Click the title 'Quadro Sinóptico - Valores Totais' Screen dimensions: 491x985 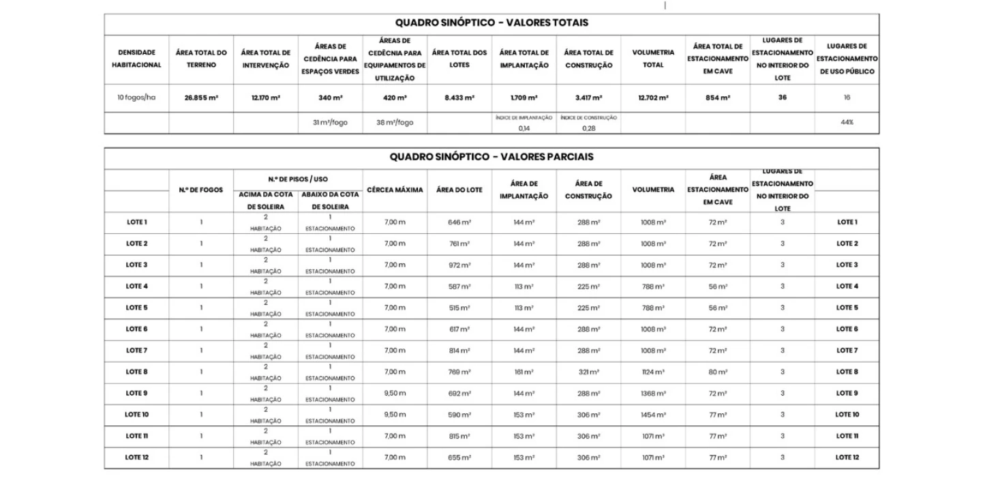click(491, 23)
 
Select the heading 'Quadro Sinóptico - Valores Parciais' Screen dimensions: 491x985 click(491, 157)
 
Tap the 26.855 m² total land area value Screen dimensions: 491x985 click(201, 98)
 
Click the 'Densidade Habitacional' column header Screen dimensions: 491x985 click(136, 59)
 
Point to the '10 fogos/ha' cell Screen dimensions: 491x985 click(136, 98)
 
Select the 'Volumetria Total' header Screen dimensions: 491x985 click(653, 59)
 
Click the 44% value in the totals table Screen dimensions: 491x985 click(847, 122)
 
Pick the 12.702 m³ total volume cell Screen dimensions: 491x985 click(653, 98)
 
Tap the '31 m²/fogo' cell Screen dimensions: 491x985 click(330, 122)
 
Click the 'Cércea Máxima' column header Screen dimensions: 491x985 click(395, 190)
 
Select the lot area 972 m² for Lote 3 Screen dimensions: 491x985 click(459, 265)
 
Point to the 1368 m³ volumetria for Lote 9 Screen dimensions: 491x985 click(653, 393)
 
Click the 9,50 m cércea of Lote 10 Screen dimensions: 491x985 click(395, 415)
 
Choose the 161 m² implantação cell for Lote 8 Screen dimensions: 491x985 click(524, 372)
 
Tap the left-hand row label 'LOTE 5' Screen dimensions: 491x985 click(136, 308)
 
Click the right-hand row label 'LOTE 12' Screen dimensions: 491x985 click(847, 458)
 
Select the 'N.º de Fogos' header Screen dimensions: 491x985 click(201, 190)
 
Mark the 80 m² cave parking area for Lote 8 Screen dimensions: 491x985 click(718, 372)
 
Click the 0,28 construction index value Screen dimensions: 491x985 click(588, 128)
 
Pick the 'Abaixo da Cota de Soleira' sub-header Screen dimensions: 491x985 click(330, 200)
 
